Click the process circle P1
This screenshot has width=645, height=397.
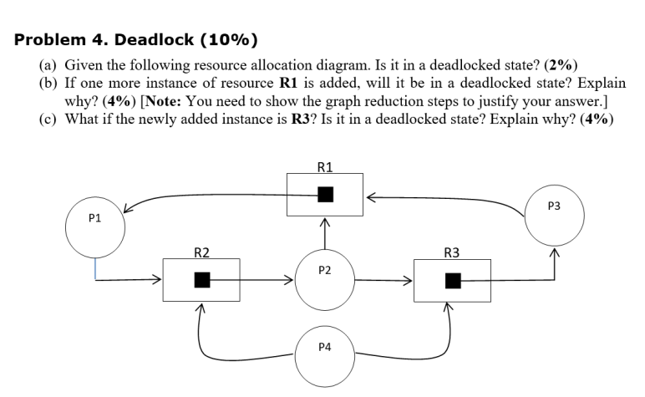tap(94, 226)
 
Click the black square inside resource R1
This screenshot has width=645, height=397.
tap(325, 194)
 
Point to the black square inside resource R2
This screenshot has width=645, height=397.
tap(201, 280)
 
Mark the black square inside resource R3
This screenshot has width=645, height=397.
tap(453, 280)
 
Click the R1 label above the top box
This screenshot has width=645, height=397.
tap(325, 166)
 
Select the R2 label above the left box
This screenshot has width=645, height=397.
tap(201, 252)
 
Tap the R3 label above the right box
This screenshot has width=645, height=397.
tap(453, 252)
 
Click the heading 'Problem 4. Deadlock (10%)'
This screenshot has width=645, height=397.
tap(137, 39)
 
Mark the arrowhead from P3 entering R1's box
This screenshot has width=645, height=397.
tap(368, 197)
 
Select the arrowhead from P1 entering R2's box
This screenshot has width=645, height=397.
tap(158, 281)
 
